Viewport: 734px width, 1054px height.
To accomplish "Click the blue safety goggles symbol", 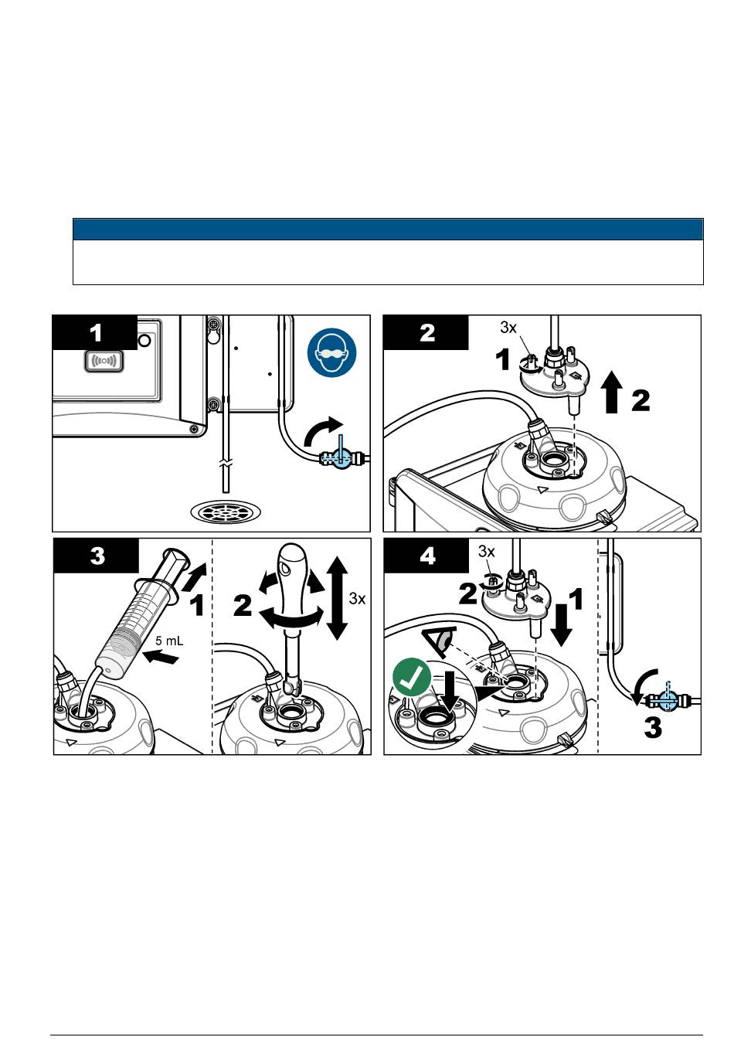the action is tap(331, 353).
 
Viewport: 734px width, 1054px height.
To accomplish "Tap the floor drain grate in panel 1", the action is tap(224, 510).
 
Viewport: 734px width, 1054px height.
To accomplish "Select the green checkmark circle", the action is tap(412, 678).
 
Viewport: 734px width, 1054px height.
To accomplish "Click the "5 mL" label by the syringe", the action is tap(169, 641).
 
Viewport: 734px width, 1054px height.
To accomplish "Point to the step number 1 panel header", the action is tap(94, 333).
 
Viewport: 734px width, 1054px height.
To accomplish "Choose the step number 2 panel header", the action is tap(426, 333).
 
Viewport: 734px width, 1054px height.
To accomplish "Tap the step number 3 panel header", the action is tap(96, 556).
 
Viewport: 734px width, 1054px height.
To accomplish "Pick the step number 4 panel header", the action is tap(426, 556).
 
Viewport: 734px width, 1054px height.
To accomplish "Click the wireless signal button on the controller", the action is tap(104, 361).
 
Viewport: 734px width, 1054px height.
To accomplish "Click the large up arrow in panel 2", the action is tap(612, 392).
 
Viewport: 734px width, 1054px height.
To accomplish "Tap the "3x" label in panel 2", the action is tap(508, 328).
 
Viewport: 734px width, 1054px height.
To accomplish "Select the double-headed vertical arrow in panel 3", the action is tap(337, 598).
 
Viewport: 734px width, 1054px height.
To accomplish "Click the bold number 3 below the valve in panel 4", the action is tap(653, 727).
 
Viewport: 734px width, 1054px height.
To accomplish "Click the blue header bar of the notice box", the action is tap(388, 229).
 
